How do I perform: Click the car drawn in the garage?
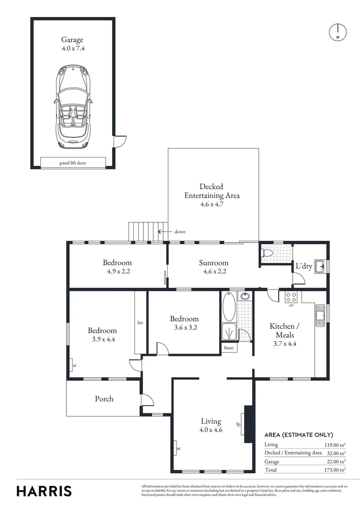coord(73,107)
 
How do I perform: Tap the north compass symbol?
coord(337,32)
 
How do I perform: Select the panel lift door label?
coord(73,164)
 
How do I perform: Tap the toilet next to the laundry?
coord(268,253)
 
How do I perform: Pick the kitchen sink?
coord(321,315)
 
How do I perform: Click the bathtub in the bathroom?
coord(229,307)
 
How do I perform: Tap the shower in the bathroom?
coord(229,332)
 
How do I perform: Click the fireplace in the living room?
coord(248,424)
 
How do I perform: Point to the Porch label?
coord(104,399)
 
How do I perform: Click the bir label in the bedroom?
coord(140,323)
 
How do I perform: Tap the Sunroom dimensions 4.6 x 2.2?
coord(213,271)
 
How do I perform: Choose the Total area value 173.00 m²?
coord(335,470)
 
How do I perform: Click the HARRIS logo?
coord(44,491)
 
